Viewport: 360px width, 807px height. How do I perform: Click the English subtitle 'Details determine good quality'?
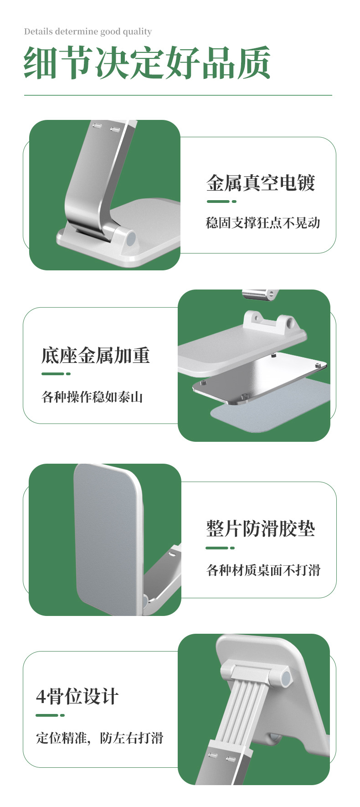(x=88, y=31)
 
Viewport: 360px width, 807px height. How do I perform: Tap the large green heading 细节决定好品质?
(x=147, y=63)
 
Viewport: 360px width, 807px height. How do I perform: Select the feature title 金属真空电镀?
(x=261, y=183)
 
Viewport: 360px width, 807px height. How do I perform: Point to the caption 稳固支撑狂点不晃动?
(x=263, y=223)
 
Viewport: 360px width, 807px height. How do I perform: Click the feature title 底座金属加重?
(x=96, y=356)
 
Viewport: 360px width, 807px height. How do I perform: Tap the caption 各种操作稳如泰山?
(x=93, y=397)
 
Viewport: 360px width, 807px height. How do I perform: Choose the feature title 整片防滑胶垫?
(x=261, y=529)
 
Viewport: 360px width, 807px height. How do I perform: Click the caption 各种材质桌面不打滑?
(x=263, y=570)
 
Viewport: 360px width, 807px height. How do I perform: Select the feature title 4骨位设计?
(x=77, y=696)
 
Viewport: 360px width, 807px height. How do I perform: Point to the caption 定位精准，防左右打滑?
(x=100, y=738)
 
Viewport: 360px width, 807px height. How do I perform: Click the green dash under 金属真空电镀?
(x=221, y=201)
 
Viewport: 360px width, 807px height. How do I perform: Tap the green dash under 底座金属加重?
(x=56, y=374)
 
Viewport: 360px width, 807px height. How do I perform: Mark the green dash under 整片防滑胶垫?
(x=220, y=548)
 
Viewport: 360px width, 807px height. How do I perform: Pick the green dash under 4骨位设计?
(x=50, y=715)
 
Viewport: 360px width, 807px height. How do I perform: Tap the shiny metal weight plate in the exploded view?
(x=260, y=378)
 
